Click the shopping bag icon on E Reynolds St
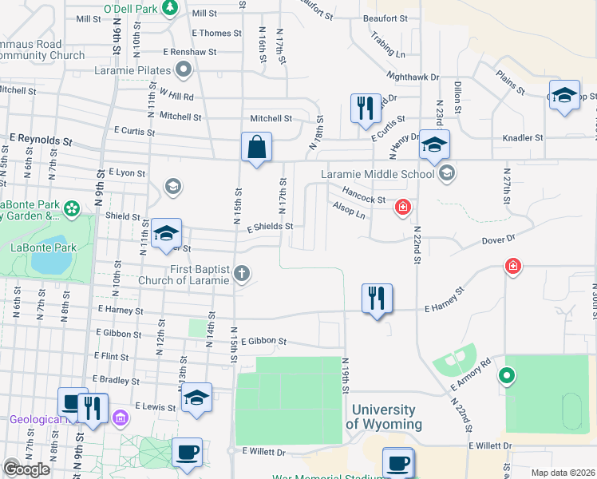256,147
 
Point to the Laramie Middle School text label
378,174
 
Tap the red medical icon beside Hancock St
404,208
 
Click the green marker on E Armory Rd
505,374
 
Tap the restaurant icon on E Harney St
377,299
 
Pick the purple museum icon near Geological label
121,418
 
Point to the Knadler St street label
523,138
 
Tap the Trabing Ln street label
389,45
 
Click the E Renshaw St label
190,52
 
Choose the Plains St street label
510,81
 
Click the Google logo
26,469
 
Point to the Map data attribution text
562,473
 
